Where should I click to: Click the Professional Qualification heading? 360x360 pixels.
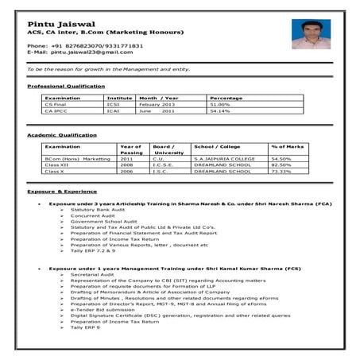(66, 86)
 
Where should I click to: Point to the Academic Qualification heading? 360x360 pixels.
(62, 136)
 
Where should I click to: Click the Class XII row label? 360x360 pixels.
(56, 165)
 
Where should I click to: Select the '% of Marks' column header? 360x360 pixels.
(286, 148)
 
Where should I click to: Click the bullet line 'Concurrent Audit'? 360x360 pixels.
(93, 215)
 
